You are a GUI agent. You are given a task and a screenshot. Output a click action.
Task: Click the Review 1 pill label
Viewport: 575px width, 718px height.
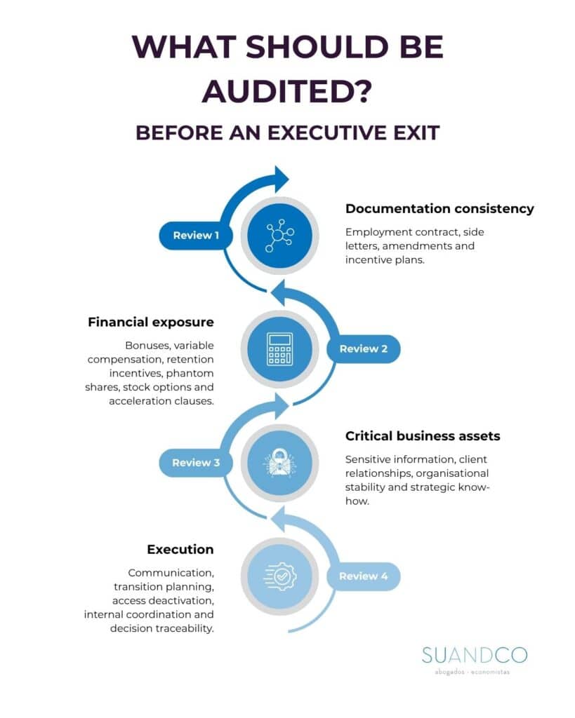click(x=196, y=236)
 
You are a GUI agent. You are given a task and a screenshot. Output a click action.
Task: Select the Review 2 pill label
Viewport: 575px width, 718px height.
click(x=363, y=349)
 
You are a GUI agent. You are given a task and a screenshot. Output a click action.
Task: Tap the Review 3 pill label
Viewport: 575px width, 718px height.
click(x=196, y=463)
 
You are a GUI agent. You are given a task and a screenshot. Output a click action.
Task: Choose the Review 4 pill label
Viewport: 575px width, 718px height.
click(x=363, y=576)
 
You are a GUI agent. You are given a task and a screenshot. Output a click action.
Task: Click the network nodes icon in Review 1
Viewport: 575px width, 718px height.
click(x=279, y=236)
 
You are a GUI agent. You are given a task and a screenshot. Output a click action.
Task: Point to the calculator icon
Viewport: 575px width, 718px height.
click(x=279, y=349)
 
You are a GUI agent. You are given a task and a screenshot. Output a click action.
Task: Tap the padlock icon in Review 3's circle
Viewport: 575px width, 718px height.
click(x=279, y=462)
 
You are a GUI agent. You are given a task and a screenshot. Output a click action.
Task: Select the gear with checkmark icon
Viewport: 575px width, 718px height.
click(x=280, y=576)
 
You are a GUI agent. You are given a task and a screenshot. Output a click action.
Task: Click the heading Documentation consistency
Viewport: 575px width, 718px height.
click(x=439, y=209)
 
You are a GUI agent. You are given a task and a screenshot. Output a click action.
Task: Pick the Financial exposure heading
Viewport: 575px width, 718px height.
click(x=151, y=323)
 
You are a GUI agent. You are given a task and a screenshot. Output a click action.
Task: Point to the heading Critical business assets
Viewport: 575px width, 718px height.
click(x=423, y=436)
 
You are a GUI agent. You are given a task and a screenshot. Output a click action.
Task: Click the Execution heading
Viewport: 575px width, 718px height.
click(x=180, y=550)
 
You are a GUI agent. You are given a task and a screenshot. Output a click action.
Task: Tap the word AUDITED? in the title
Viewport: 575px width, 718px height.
click(x=287, y=92)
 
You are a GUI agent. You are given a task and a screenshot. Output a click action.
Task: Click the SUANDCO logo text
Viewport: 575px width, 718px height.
click(x=475, y=656)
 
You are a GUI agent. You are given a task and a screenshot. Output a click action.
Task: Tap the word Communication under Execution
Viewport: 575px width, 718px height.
click(x=171, y=574)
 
